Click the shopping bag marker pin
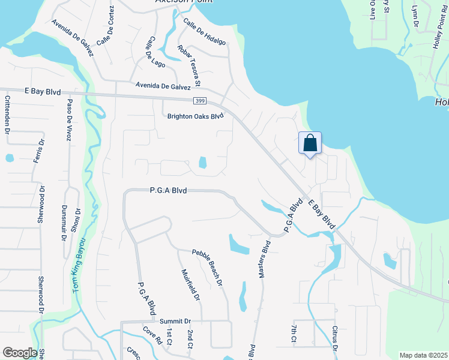coord(310,144)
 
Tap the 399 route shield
coord(200,101)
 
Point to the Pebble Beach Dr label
coord(208,267)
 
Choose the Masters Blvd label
coord(265,259)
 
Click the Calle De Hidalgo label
coord(205,32)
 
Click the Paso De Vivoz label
coord(70,119)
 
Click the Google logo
coord(20,353)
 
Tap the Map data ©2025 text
coord(423,355)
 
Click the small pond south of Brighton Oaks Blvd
coord(202,163)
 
